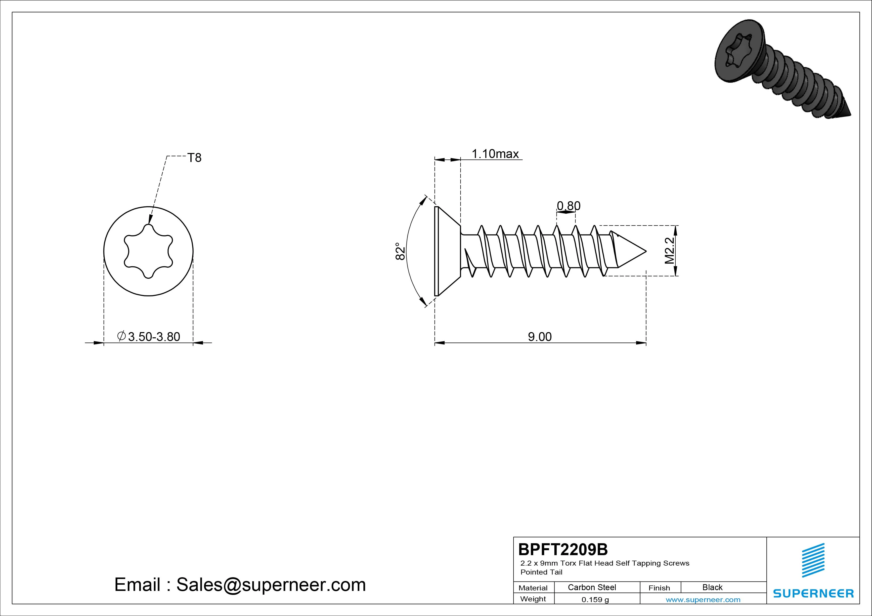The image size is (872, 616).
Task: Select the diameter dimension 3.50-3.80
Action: pyautogui.click(x=149, y=337)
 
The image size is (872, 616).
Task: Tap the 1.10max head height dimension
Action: pyautogui.click(x=495, y=154)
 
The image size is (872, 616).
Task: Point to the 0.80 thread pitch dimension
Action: pyautogui.click(x=568, y=206)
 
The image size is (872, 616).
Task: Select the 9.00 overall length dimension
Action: pyautogui.click(x=540, y=337)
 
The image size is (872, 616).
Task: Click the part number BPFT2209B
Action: pyautogui.click(x=563, y=549)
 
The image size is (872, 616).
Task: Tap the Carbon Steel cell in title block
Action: pyautogui.click(x=592, y=587)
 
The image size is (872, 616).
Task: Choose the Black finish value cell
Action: pyautogui.click(x=712, y=587)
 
